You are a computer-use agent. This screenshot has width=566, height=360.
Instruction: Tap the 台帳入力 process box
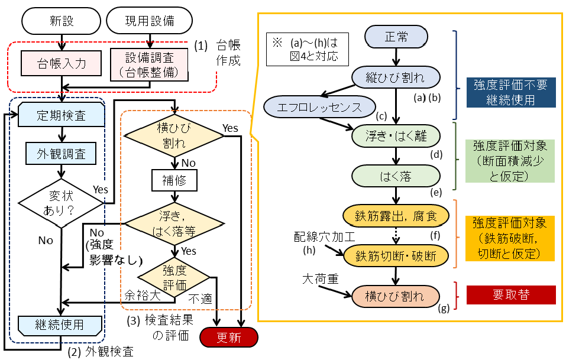62,63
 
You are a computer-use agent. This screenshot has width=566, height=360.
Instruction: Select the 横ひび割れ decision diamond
174,136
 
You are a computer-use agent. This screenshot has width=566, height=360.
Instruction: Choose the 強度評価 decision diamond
174,276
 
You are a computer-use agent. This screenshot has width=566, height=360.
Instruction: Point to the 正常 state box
396,37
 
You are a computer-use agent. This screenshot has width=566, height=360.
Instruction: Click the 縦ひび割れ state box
396,77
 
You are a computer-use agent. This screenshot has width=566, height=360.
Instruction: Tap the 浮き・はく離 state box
396,135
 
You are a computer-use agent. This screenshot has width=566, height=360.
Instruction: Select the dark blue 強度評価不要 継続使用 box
511,92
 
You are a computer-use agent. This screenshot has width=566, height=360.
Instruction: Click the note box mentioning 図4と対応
307,49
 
